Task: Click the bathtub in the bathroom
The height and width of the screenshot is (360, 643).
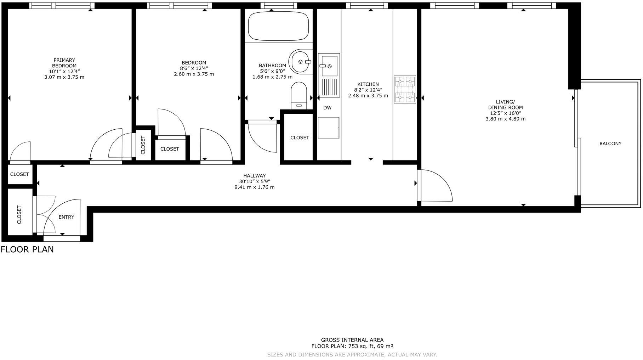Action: (x=278, y=27)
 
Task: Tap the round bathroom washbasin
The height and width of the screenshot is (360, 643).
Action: (x=301, y=62)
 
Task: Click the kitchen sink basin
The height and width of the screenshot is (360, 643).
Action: (x=329, y=65)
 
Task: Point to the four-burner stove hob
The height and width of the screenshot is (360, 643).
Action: (x=405, y=89)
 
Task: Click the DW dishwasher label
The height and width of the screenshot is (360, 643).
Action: (x=328, y=108)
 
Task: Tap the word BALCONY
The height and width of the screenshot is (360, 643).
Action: (x=610, y=144)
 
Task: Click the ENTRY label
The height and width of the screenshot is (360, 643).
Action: (x=66, y=217)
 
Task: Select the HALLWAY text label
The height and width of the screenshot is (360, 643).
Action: (x=254, y=176)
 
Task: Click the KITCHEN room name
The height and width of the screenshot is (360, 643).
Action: (x=368, y=84)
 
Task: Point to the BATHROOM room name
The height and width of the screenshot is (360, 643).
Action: (x=272, y=66)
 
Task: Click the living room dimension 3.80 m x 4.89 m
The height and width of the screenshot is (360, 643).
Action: (x=505, y=119)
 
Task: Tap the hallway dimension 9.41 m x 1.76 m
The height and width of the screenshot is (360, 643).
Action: (x=254, y=187)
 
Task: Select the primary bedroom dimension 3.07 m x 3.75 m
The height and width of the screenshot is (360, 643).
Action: (x=64, y=77)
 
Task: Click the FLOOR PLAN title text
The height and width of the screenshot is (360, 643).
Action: (x=27, y=249)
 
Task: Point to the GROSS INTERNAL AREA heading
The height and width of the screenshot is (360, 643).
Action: (x=352, y=340)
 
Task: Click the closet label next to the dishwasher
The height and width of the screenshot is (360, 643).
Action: (x=300, y=137)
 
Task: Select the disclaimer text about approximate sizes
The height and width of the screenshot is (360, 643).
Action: (x=352, y=354)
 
